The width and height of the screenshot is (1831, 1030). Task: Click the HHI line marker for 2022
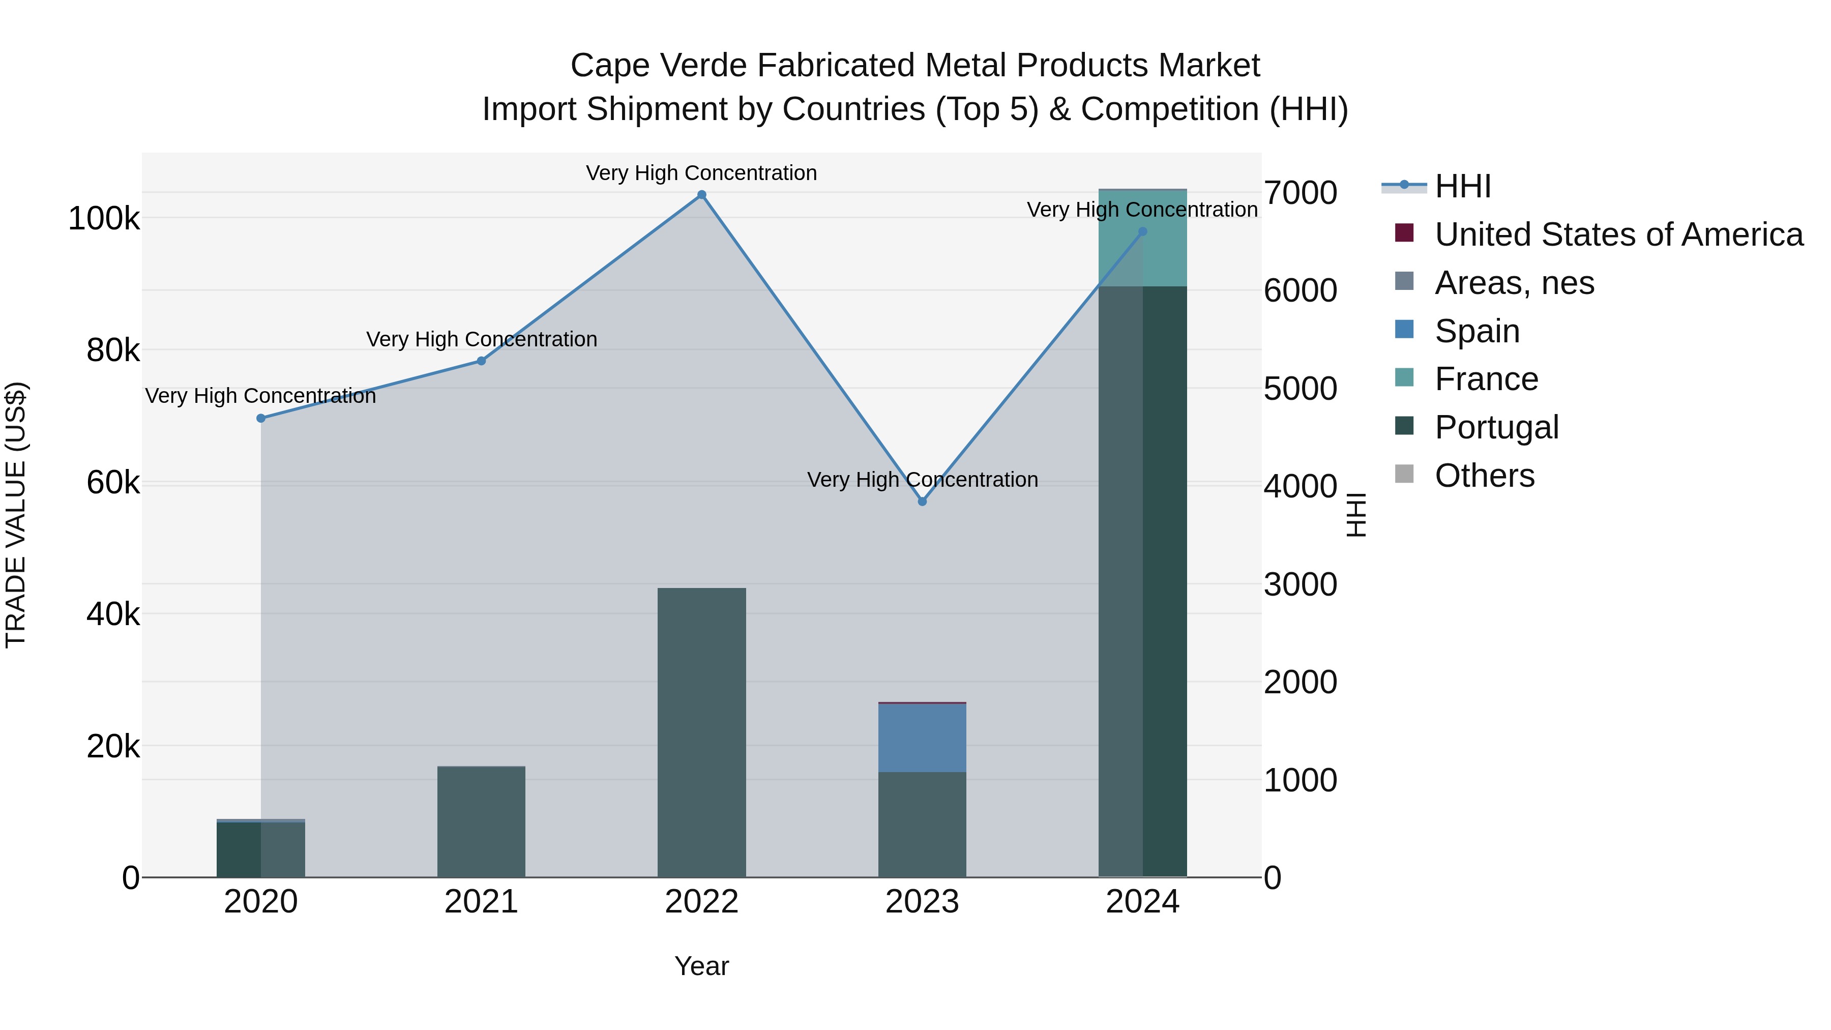click(701, 195)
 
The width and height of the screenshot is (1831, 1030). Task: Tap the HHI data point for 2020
click(261, 419)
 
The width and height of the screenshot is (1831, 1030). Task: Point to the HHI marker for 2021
click(481, 361)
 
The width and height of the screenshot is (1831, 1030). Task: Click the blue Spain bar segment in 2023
click(922, 738)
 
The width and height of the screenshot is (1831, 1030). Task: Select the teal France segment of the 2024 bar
click(1142, 238)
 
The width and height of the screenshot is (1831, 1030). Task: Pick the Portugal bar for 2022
click(701, 732)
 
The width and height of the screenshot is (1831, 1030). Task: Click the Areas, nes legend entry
click(1514, 283)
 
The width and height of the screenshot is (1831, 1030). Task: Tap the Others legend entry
click(1484, 476)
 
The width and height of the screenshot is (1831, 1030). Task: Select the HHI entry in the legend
click(1462, 186)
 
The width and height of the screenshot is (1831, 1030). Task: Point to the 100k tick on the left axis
click(104, 218)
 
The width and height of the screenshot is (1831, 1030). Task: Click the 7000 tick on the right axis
click(1300, 193)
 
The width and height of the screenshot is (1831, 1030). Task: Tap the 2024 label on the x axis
click(1142, 902)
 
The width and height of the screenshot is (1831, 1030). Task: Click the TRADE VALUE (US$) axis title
click(16, 515)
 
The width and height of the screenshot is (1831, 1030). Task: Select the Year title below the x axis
click(701, 966)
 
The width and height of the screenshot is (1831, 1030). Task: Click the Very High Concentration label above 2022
click(701, 173)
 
